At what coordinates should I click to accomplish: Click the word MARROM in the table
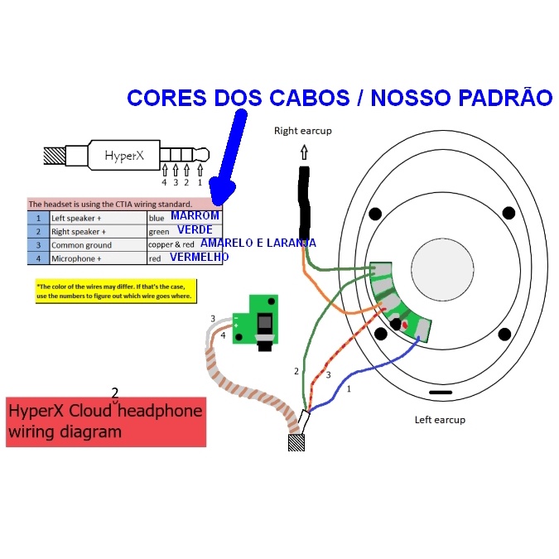[x=195, y=216]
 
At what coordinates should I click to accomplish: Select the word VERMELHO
[x=200, y=258]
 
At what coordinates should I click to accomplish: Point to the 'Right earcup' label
[x=303, y=131]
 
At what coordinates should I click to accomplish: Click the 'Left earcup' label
[x=440, y=419]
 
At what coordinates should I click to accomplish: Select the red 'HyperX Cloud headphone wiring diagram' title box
[x=105, y=422]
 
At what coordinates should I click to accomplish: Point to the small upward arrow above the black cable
[x=304, y=152]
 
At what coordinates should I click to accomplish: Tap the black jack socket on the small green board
[x=264, y=322]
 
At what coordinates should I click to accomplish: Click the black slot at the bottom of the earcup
[x=441, y=391]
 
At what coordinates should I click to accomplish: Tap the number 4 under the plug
[x=164, y=182]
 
